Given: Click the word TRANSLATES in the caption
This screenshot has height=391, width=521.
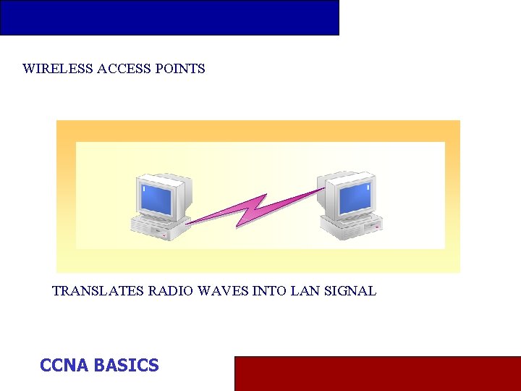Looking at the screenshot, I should tap(98, 291).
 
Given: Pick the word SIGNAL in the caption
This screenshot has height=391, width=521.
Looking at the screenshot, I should tap(350, 291).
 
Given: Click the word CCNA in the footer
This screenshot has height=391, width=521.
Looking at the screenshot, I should tap(64, 366).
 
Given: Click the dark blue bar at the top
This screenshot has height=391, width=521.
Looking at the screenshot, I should tap(169, 17).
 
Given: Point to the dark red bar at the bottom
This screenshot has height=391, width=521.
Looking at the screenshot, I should tap(377, 373).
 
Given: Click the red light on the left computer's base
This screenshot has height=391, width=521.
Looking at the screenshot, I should tap(165, 235).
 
